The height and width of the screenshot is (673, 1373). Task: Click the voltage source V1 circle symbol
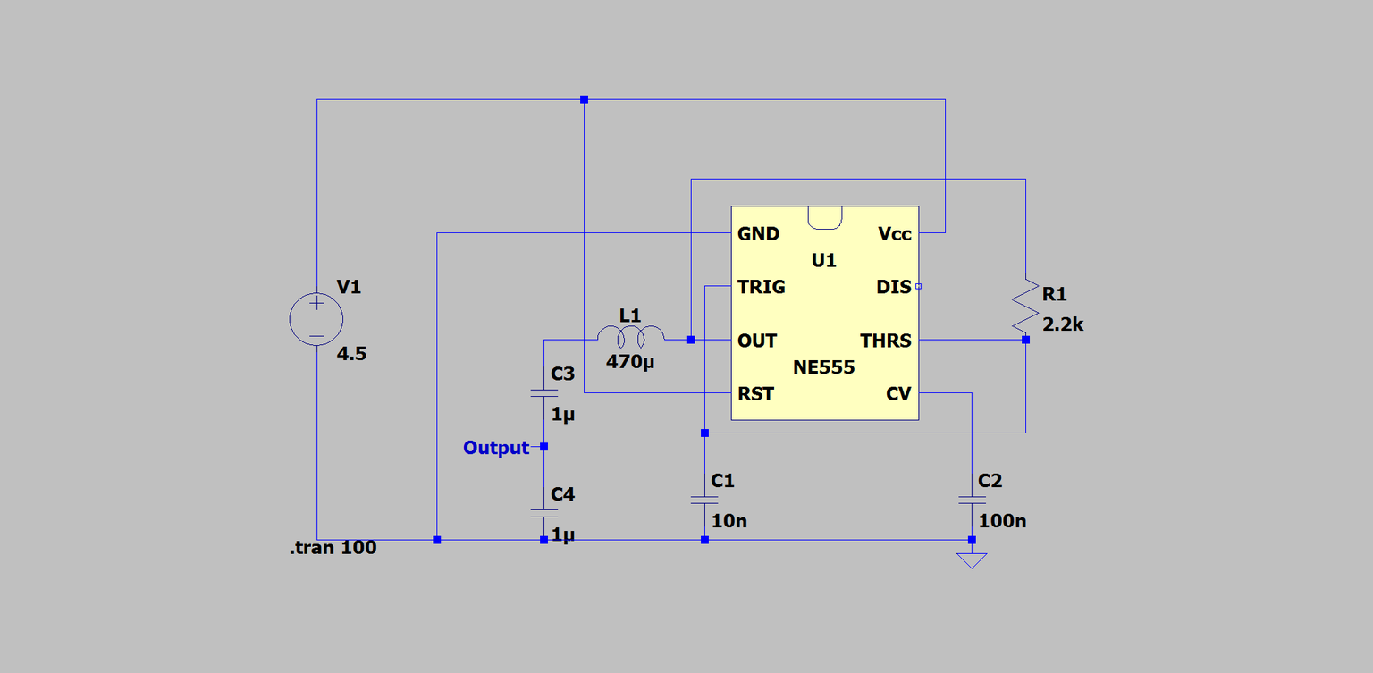coord(316,318)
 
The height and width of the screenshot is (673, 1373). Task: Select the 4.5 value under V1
coord(351,354)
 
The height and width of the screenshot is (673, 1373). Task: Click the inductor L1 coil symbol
coord(631,336)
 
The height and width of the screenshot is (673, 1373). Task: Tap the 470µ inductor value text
coord(631,363)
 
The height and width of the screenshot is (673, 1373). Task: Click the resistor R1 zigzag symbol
coord(1025,307)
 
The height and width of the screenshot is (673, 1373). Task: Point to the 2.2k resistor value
coord(1063,324)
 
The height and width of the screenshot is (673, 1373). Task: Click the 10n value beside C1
coord(729,520)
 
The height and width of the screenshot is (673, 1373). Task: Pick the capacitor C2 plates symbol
coord(971,501)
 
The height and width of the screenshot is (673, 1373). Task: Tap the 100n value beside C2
coord(1002,520)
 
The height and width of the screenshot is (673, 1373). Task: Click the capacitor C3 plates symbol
coord(543,393)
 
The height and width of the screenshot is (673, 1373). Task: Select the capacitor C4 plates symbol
coord(543,514)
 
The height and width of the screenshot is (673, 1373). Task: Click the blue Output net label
coord(496,448)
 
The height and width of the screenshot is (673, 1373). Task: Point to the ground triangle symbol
coord(971,560)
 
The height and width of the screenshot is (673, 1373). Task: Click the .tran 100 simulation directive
coord(333,548)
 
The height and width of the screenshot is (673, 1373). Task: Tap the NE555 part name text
coord(823,367)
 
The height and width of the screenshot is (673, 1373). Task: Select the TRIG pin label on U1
coord(761,287)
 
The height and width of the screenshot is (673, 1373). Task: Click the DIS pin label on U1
coord(894,287)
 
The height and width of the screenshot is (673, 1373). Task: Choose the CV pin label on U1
coord(898,393)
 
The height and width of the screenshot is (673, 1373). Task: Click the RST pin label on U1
coord(755,393)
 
